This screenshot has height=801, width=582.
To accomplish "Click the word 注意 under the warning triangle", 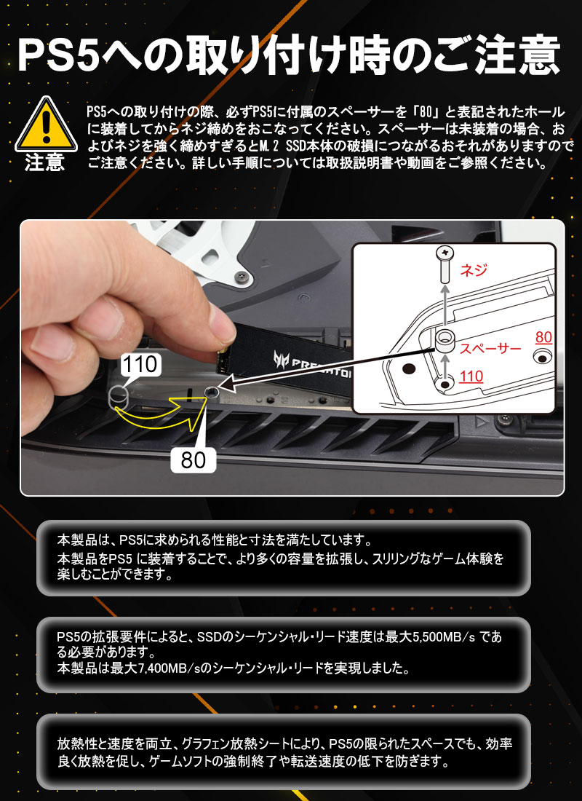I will pyautogui.click(x=44, y=162).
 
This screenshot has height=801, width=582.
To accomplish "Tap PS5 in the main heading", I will pyautogui.click(x=59, y=54).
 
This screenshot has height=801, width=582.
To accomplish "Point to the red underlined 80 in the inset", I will pyautogui.click(x=543, y=337).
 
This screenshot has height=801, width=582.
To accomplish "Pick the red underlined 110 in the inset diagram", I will pyautogui.click(x=472, y=377).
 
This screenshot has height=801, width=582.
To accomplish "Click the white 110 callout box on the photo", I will pyautogui.click(x=139, y=364).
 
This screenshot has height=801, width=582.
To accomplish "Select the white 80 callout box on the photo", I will pyautogui.click(x=194, y=458).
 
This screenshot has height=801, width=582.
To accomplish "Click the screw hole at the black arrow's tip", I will pyautogui.click(x=211, y=392).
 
